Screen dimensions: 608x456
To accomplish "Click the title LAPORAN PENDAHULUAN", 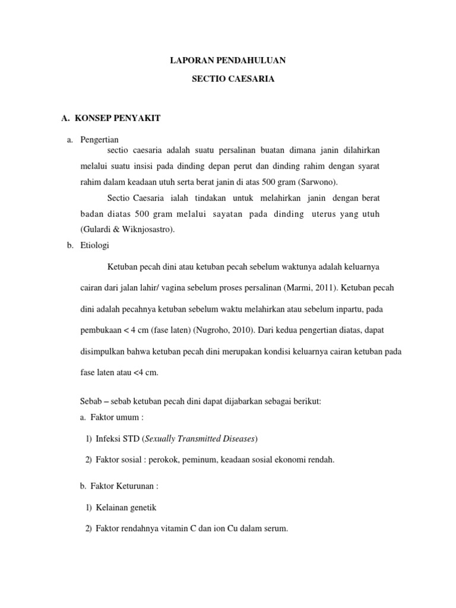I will [229, 60].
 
